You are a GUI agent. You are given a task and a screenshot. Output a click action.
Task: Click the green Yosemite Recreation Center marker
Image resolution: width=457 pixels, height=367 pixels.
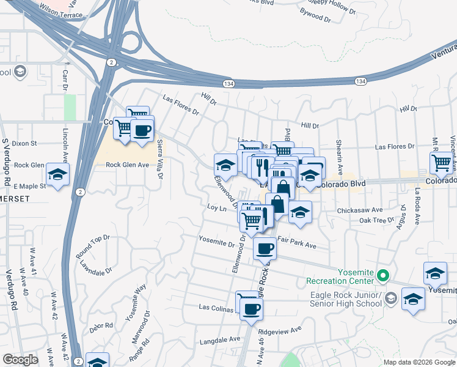pos(383,276)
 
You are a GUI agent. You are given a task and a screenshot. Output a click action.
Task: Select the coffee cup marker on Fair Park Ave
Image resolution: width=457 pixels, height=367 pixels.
pos(265,248)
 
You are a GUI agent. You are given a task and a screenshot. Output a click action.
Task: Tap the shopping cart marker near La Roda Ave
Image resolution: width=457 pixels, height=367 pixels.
pos(441,163)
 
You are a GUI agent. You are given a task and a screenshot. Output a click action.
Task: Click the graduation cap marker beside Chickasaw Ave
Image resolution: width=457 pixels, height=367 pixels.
pos(300,212)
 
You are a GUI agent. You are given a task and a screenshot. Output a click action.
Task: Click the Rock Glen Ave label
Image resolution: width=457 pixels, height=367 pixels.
pos(127,165)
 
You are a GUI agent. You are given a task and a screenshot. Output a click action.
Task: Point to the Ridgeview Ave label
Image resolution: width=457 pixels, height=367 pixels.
pos(280,330)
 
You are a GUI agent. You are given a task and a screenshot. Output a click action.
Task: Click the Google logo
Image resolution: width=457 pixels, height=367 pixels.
pos(20,360)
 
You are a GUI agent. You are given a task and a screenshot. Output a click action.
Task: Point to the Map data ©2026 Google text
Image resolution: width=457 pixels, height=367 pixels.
pos(419,362)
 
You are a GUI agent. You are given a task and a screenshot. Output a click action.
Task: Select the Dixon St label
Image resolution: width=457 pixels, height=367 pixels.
pos(24,143)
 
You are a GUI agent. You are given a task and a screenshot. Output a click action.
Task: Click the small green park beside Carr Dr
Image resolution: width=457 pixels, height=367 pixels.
pos(70,107)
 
